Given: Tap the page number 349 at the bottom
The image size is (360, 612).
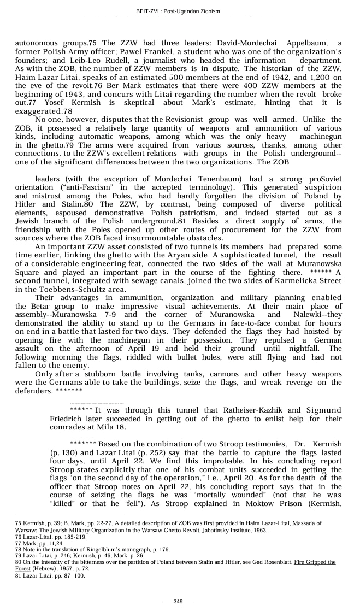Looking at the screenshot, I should tap(178, 601).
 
